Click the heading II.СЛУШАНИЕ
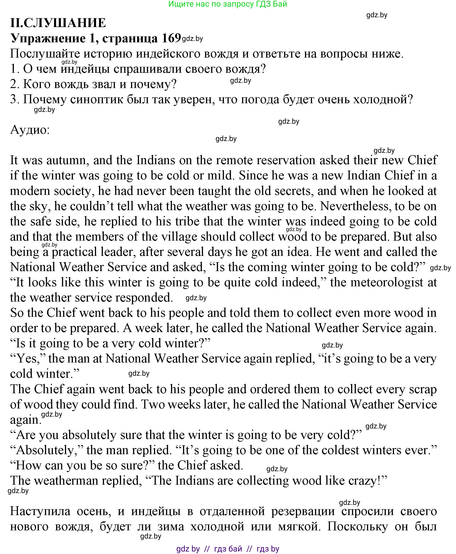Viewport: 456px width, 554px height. tap(58, 23)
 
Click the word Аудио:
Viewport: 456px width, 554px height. tap(30, 130)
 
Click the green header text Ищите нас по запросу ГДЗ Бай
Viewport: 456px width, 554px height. tap(228, 4)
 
